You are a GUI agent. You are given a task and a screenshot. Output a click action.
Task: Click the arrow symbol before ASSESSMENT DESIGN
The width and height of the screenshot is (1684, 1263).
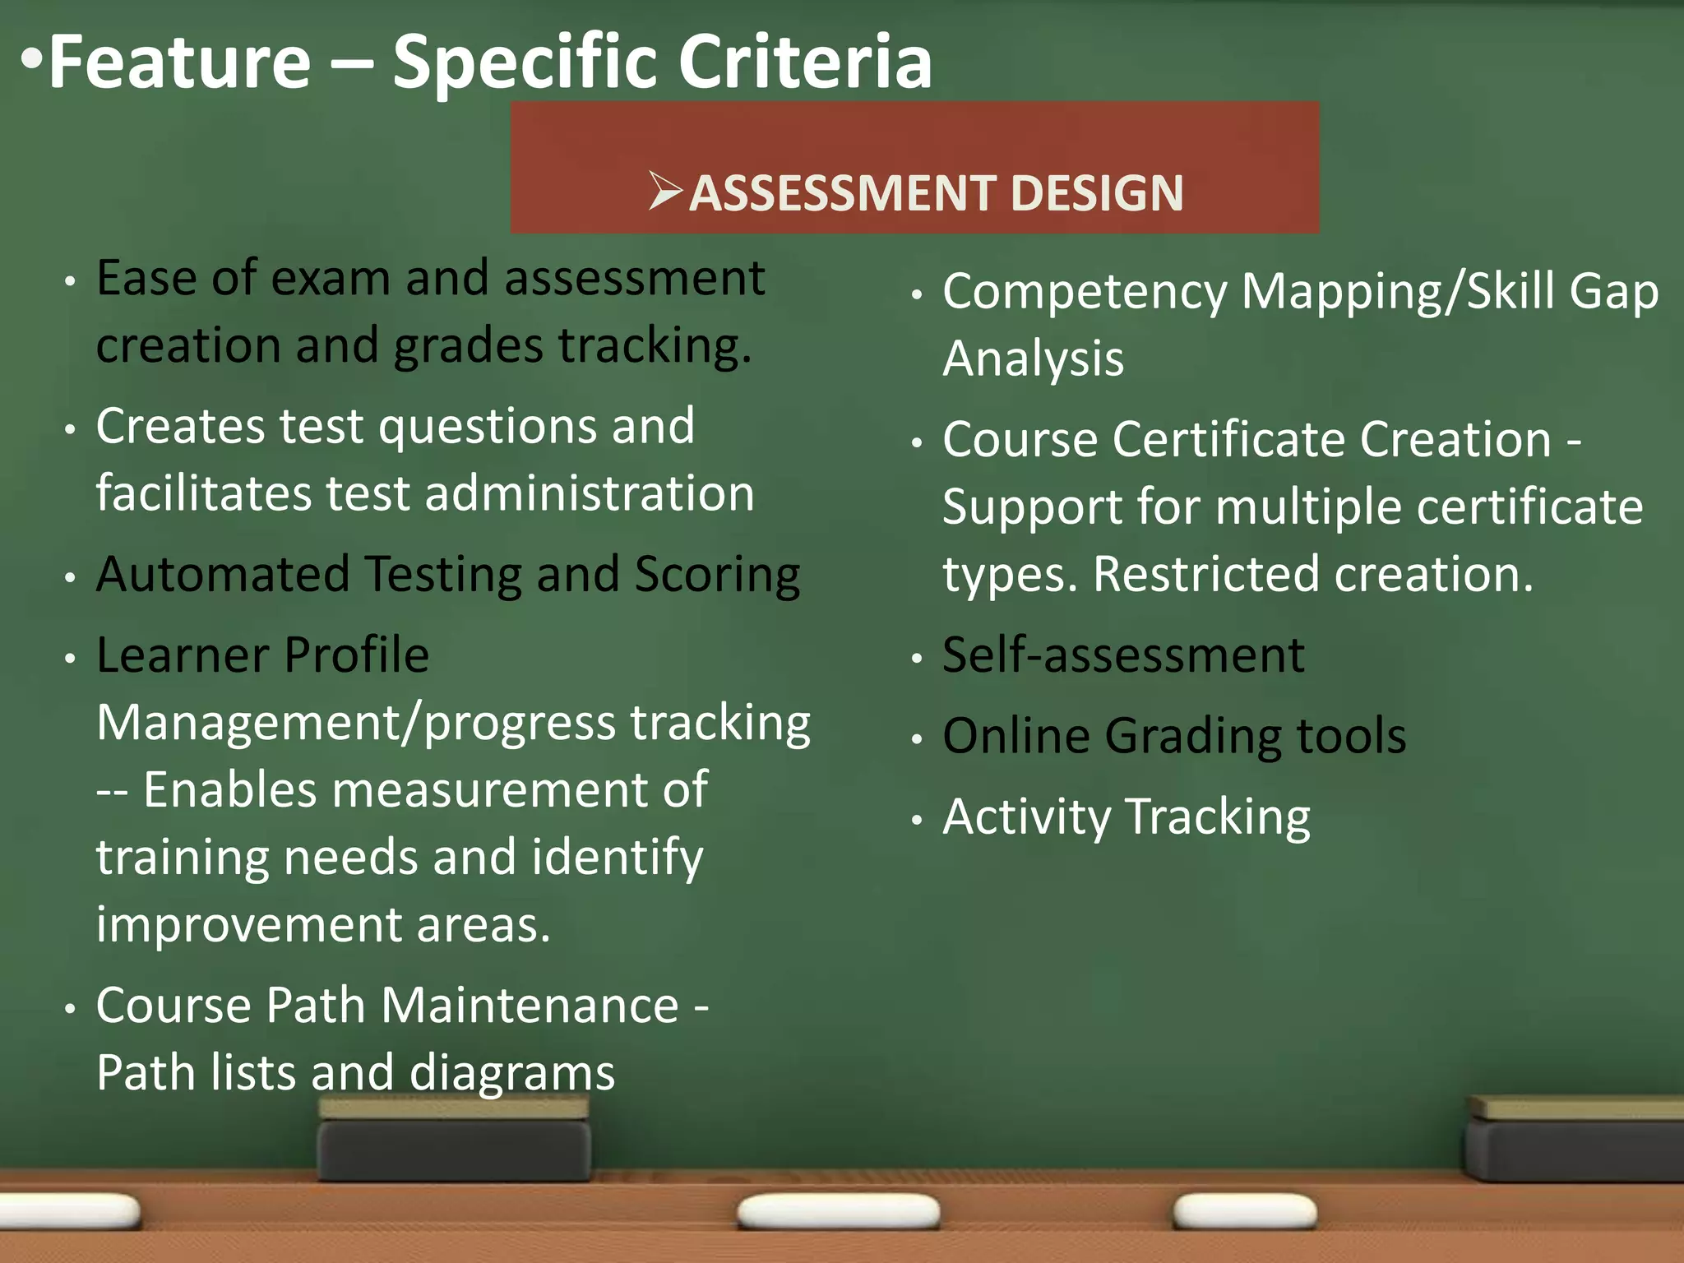tap(664, 191)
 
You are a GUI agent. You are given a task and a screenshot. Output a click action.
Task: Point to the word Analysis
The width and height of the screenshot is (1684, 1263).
tap(1033, 359)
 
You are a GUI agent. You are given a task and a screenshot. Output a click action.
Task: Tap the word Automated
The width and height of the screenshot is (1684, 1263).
tap(223, 574)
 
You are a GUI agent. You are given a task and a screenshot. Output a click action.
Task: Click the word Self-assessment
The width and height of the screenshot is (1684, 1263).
tap(1123, 655)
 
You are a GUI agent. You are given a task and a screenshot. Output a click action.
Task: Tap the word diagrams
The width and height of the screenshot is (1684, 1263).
tap(511, 1074)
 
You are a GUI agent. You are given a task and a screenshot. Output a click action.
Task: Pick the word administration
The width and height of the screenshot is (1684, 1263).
tap(590, 493)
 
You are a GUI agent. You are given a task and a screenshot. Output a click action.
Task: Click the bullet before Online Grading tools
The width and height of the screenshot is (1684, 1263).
tap(917, 738)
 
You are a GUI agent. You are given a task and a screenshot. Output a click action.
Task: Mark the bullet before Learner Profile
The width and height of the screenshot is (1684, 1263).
tap(71, 658)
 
